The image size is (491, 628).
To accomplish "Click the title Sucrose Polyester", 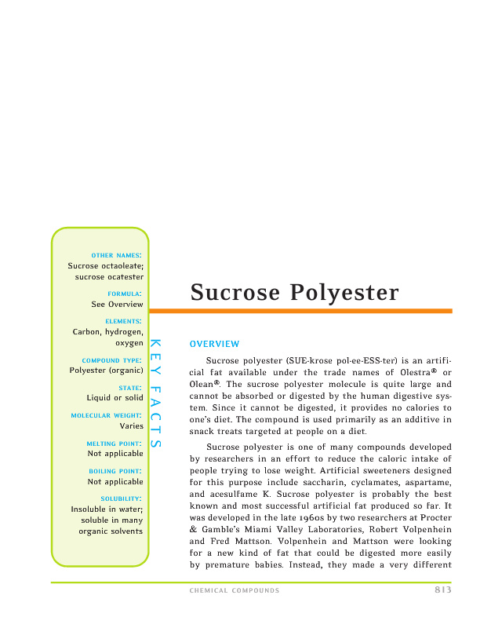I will click(x=294, y=293).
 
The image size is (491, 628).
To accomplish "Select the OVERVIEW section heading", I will click(x=214, y=344).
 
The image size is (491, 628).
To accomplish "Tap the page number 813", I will click(x=442, y=590).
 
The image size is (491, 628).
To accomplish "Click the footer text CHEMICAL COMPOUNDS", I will click(x=235, y=591).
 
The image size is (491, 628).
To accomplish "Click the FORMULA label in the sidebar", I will click(x=125, y=294).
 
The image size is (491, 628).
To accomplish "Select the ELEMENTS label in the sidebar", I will click(x=123, y=321).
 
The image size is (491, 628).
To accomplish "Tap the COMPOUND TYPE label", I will click(x=112, y=360).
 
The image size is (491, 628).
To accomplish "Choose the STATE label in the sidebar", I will click(x=130, y=388).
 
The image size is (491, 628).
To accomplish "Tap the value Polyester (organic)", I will click(x=106, y=370).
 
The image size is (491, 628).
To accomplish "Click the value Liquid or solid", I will click(x=115, y=398).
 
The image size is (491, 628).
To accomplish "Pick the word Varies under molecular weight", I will click(x=131, y=425).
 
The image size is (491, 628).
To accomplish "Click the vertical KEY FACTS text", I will click(x=155, y=392).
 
